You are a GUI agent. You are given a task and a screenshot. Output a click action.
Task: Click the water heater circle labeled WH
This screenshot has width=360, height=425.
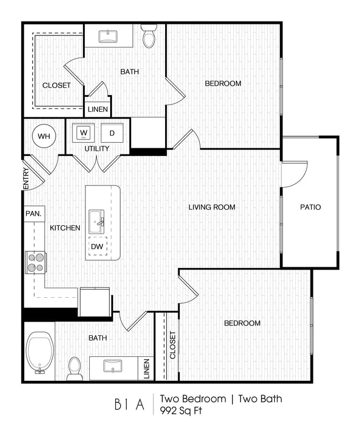tap(43, 135)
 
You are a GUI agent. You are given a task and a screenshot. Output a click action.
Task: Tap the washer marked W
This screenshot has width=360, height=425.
tap(84, 133)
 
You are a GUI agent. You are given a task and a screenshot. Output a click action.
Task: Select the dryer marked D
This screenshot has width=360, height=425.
tap(111, 133)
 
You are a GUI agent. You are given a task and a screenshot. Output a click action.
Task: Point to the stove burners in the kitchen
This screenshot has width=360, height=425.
tap(35, 262)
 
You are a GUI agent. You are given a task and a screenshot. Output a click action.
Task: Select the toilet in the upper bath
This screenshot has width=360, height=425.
tap(149, 37)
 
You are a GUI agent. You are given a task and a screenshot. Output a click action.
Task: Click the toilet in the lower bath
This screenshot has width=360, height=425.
tap(75, 367)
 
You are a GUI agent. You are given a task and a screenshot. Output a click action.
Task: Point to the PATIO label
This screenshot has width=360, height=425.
tap(310, 208)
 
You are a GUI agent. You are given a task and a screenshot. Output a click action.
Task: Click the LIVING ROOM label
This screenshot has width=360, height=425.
tap(212, 208)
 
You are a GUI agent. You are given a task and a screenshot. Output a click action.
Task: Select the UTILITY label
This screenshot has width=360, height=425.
tap(97, 148)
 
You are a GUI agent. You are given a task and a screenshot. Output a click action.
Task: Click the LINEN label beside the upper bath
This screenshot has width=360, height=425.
tap(97, 110)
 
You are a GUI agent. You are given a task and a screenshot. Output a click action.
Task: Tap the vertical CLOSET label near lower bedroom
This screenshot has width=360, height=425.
tap(172, 345)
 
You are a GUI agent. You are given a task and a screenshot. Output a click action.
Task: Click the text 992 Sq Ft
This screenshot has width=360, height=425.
tap(181, 411)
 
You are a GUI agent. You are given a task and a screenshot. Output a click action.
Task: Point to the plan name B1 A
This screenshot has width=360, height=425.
tap(130, 405)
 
